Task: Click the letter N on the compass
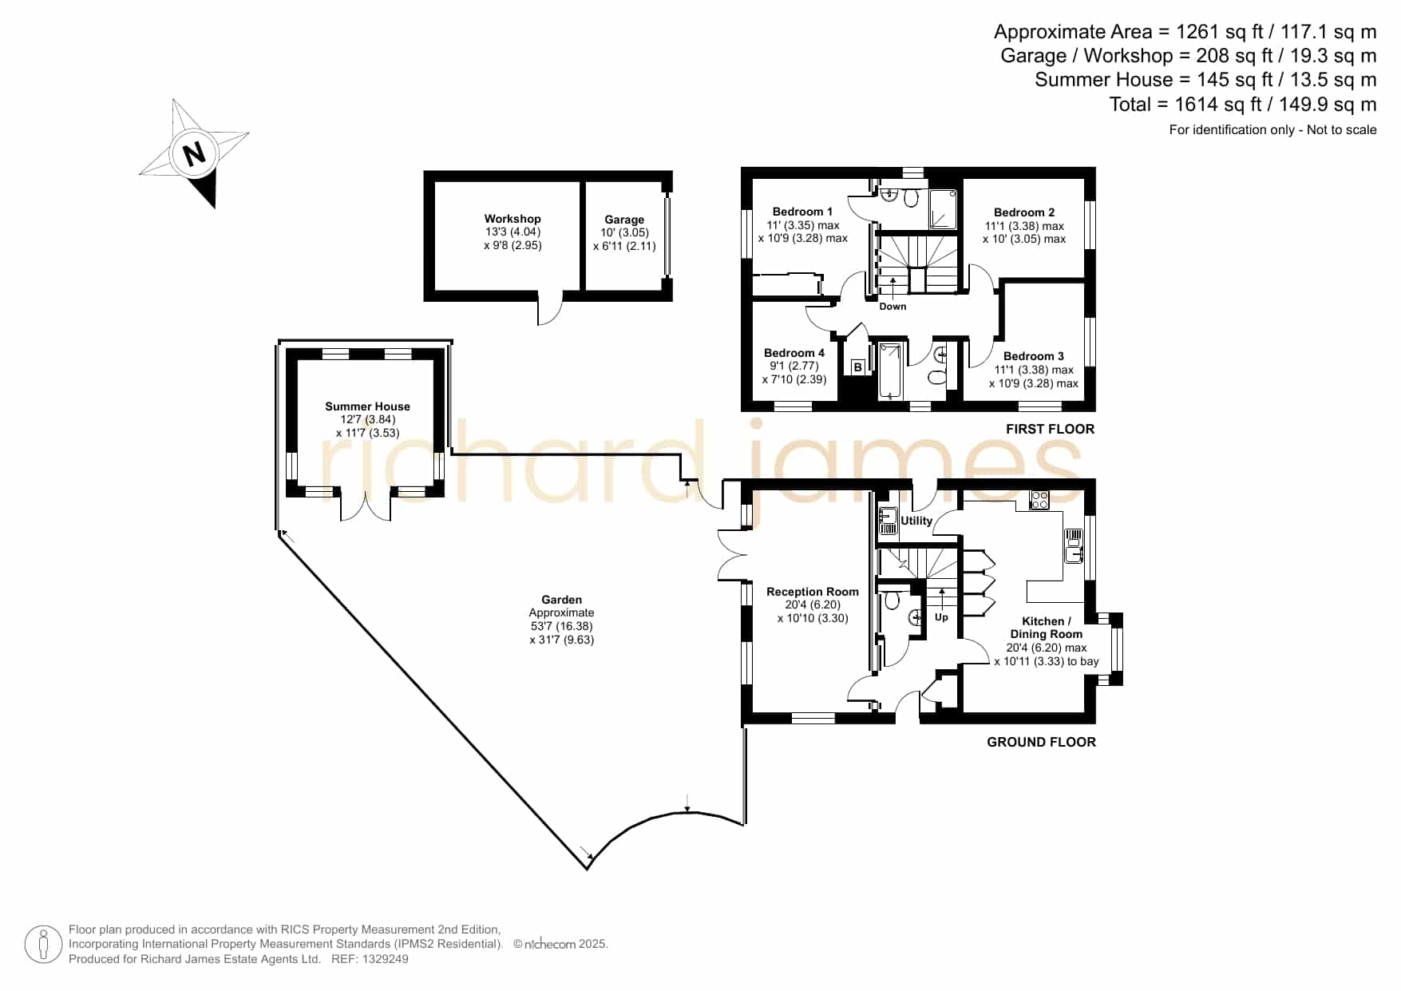(x=194, y=153)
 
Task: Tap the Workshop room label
(x=513, y=219)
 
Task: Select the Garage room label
(x=624, y=220)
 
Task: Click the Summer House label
(x=367, y=406)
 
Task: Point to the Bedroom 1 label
(x=802, y=212)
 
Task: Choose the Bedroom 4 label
(x=794, y=353)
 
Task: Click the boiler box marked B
(x=858, y=367)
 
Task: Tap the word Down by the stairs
(x=892, y=307)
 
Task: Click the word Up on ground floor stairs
(x=941, y=617)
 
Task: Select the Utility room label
(x=916, y=521)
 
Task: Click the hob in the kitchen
(x=1039, y=500)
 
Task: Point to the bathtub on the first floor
(x=890, y=371)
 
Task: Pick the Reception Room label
(x=813, y=592)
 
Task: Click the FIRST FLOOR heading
(x=1050, y=429)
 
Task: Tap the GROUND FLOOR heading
(x=1041, y=742)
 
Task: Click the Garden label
(x=561, y=600)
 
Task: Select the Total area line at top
(x=1243, y=104)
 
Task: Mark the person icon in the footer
(x=43, y=945)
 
